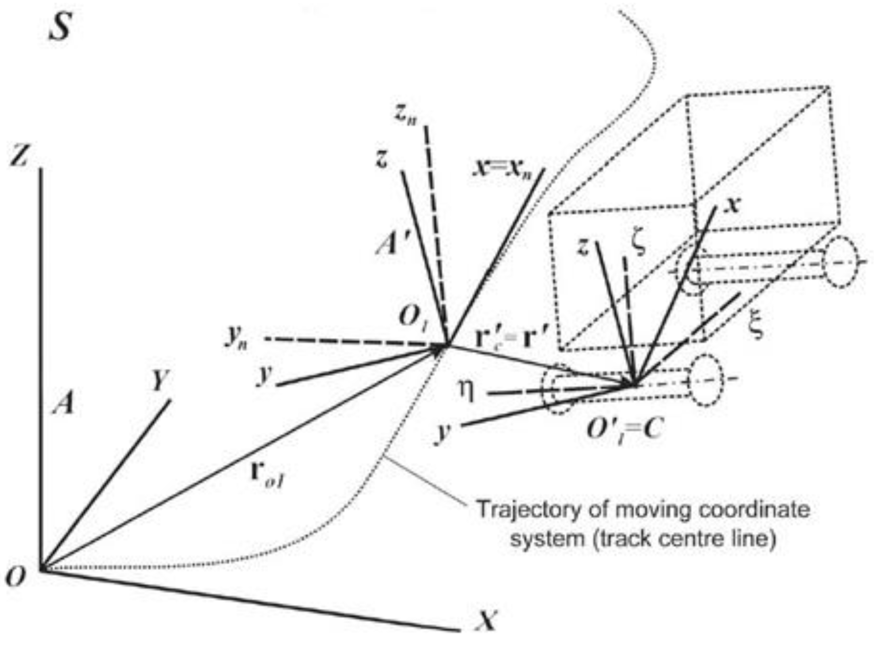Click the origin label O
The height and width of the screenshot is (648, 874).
(16, 577)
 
